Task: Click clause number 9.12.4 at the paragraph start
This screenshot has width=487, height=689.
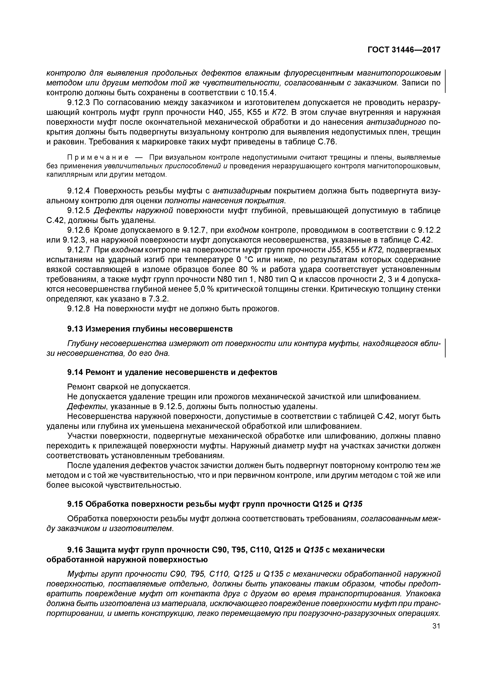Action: click(x=79, y=191)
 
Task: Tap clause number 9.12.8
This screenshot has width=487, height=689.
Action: click(x=79, y=309)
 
